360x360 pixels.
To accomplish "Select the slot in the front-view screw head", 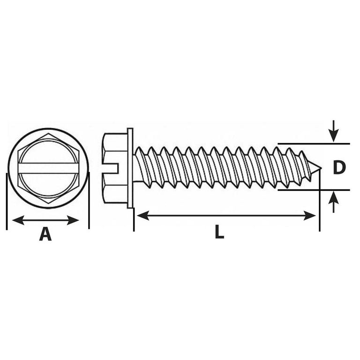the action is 48,168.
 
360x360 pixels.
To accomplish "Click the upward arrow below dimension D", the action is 334,202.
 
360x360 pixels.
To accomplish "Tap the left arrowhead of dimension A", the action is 18,220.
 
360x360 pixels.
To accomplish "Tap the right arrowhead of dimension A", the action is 73,220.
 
